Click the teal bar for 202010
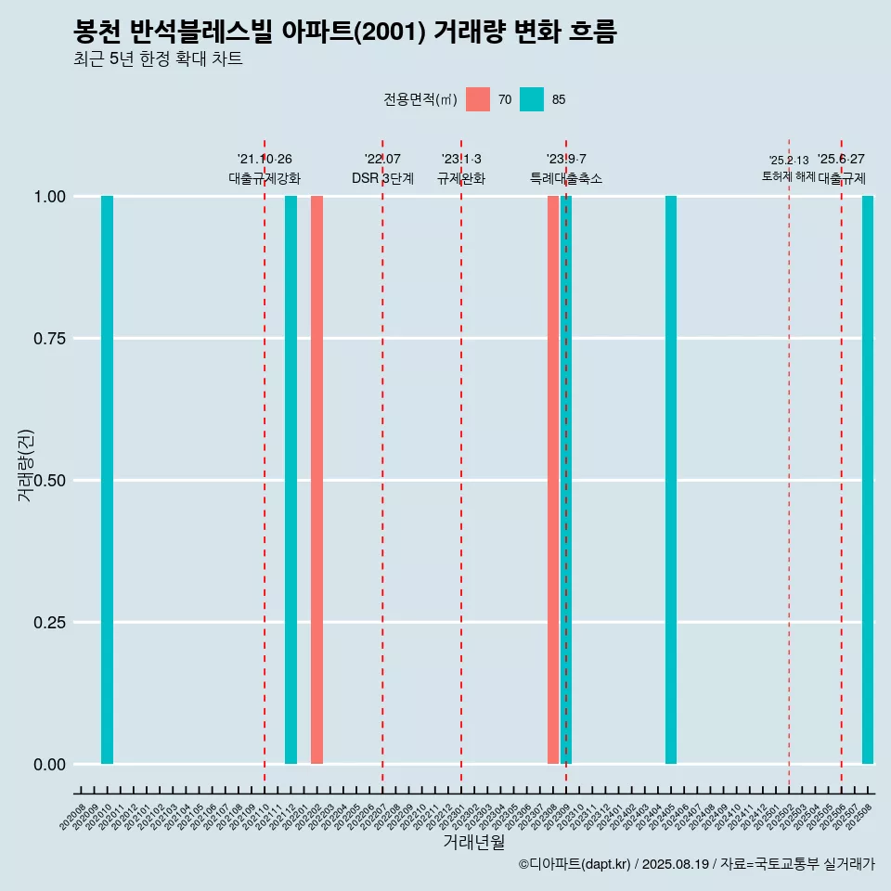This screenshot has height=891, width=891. click(x=107, y=480)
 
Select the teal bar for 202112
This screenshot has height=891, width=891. click(x=291, y=480)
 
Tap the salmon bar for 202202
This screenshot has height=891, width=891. click(x=316, y=480)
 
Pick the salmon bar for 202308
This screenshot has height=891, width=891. click(x=553, y=480)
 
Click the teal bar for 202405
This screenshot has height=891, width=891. click(x=671, y=480)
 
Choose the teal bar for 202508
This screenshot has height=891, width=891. click(x=868, y=480)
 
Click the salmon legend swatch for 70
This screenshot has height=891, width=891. click(x=478, y=99)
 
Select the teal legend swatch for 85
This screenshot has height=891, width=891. click(x=532, y=99)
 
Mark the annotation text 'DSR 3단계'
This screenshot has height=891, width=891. click(x=382, y=178)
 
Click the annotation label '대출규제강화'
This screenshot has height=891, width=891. click(x=265, y=178)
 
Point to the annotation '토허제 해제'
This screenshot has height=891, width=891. click(x=788, y=175)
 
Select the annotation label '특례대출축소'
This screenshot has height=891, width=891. click(x=566, y=178)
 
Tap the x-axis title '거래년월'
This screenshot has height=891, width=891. click(x=473, y=842)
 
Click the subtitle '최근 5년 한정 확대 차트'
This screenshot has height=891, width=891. click(x=158, y=59)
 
